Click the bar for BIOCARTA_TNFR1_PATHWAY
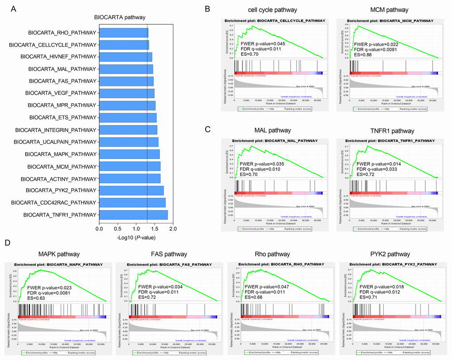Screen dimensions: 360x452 [133, 215]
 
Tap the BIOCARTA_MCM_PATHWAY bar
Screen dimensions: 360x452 [130, 166]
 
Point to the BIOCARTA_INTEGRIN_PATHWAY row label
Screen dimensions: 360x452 [55, 130]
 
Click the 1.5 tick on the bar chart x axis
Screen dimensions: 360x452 [154, 228]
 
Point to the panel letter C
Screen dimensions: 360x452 [214, 130]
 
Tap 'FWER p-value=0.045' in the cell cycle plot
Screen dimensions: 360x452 [263, 44]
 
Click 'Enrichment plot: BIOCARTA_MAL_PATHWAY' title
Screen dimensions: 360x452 [278, 140]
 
